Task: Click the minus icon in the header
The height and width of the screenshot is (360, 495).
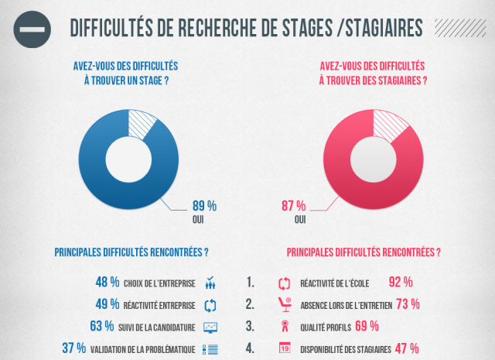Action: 32,28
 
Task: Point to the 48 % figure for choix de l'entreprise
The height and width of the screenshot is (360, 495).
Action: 108,282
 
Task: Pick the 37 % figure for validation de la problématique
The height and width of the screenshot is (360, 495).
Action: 74,348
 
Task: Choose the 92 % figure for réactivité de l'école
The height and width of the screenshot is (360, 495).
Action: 401,282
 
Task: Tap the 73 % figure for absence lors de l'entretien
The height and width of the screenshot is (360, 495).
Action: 408,303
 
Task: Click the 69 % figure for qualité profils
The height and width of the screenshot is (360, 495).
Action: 367,326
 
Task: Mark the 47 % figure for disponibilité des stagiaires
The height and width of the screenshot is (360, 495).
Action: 407,348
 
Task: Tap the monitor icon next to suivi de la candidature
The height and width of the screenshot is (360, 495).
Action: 210,326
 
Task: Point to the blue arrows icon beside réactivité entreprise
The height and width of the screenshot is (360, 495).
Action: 210,304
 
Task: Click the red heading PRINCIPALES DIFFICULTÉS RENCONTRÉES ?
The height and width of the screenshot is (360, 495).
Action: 364,252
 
